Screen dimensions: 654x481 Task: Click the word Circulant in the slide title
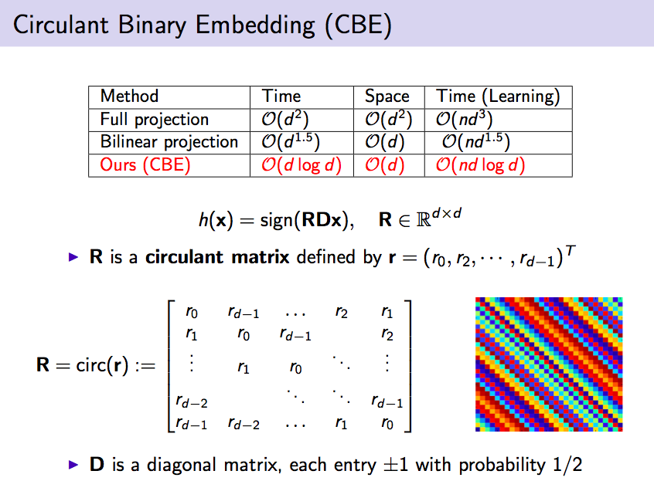(x=61, y=25)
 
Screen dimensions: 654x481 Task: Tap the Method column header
(x=129, y=97)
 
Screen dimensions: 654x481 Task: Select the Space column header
(x=387, y=97)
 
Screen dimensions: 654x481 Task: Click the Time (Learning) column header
(x=498, y=97)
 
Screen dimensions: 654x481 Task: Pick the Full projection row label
(x=155, y=120)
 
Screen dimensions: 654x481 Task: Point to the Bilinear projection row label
(x=169, y=142)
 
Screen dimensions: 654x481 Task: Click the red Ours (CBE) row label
(x=145, y=165)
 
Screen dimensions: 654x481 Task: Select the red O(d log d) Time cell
(x=301, y=165)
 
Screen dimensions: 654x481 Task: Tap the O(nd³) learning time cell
(x=465, y=120)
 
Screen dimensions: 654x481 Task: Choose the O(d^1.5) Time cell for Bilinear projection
(x=291, y=142)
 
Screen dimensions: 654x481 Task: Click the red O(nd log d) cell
(x=480, y=165)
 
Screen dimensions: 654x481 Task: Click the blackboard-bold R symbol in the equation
(x=424, y=220)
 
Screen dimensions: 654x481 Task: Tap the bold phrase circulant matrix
(x=217, y=257)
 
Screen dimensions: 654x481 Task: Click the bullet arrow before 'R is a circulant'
(x=73, y=257)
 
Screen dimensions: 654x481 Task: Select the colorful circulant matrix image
(x=549, y=364)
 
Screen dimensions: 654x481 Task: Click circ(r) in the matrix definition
(x=102, y=365)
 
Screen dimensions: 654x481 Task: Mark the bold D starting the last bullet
(x=97, y=464)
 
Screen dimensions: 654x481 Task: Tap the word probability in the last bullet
(x=502, y=466)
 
